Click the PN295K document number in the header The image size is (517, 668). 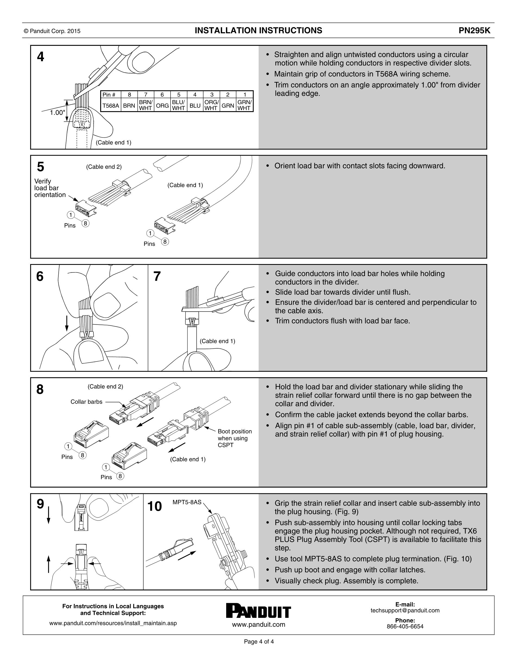point(476,31)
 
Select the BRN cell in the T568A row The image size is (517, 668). point(129,105)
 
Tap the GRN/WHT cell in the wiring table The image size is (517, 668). point(244,105)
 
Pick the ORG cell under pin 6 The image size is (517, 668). point(162,105)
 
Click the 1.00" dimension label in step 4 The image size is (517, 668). point(57,113)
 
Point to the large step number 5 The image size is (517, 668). point(40,167)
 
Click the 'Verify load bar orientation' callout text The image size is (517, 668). point(50,188)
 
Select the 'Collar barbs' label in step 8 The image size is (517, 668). point(86,402)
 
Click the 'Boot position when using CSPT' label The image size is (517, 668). point(235,438)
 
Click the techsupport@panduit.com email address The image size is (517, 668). point(405,611)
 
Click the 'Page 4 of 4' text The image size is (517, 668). point(259,642)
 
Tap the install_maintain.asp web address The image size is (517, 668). point(113,623)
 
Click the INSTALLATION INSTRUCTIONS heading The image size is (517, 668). point(258,31)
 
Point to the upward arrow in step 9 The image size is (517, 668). point(48,564)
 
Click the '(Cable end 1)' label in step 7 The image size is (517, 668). point(217,341)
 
